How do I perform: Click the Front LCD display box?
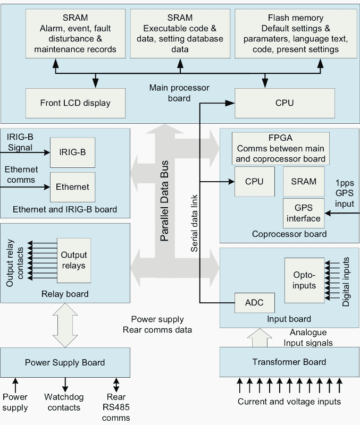[x=75, y=103]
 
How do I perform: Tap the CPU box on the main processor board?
[x=284, y=103]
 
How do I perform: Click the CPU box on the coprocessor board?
[x=254, y=182]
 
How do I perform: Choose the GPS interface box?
[x=304, y=212]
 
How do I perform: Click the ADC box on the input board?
[x=254, y=303]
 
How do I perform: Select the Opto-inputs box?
[x=304, y=280]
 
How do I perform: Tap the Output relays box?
[x=73, y=260]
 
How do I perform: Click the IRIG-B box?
[x=72, y=152]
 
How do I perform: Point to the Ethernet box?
[x=73, y=187]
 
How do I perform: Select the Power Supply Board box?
[x=65, y=362]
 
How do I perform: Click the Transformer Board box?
[x=289, y=362]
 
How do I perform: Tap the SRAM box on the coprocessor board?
[x=304, y=182]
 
